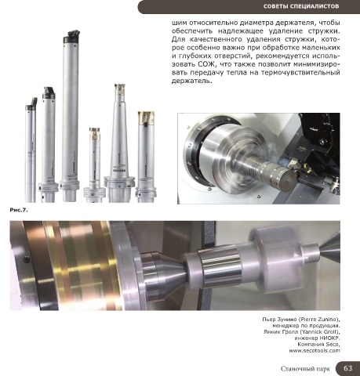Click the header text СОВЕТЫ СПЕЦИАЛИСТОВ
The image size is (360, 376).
301,6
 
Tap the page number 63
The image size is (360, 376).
347,368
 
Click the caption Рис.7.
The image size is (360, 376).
19,210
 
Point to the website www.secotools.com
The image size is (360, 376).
315,350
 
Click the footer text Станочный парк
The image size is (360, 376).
305,368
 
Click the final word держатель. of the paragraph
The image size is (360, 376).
191,81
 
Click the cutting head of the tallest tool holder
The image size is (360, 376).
72,37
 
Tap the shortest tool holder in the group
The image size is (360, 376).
94,165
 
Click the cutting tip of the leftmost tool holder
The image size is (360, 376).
34,101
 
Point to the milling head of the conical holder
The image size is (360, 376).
120,89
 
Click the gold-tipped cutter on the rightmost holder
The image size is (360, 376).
147,117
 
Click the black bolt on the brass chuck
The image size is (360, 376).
26,260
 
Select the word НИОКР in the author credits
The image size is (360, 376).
330,338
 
